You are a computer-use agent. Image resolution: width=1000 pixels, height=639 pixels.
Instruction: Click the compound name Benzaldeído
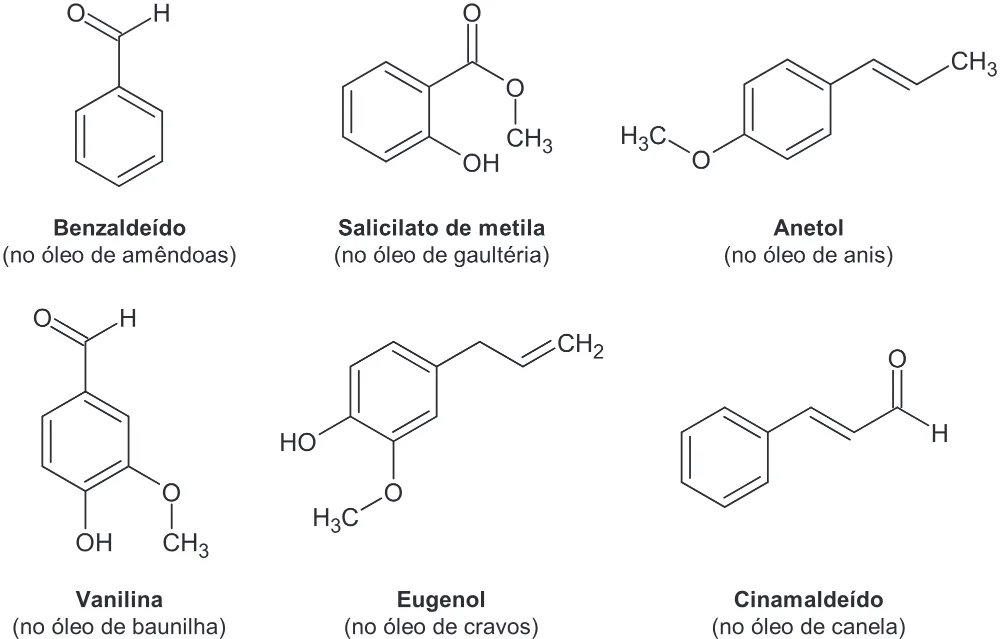[119, 228]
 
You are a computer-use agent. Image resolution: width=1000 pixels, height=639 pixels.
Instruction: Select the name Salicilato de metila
[441, 228]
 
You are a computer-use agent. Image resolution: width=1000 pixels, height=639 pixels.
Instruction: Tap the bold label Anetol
[808, 228]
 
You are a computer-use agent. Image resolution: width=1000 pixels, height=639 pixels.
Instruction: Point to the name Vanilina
[119, 599]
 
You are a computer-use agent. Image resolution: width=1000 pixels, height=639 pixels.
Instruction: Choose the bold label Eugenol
[441, 599]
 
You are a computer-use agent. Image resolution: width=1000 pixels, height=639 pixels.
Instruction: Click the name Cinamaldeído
[808, 599]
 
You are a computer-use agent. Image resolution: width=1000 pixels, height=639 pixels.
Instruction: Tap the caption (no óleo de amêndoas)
[119, 255]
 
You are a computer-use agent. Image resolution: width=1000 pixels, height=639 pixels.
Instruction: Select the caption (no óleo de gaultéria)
[441, 255]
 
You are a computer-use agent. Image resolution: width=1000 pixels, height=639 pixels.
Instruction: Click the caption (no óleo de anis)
[808, 255]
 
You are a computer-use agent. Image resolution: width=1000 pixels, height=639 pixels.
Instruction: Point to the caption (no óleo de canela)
[808, 627]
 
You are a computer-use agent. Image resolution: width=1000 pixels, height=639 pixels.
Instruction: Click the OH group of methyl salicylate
[481, 163]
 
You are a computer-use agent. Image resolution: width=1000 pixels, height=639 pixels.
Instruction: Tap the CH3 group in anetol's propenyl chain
[973, 62]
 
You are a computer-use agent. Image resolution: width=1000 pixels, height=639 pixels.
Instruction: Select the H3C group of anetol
[643, 137]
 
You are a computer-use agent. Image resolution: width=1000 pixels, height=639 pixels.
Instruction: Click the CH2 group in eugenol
[580, 346]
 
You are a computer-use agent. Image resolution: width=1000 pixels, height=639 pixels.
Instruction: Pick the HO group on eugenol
[298, 442]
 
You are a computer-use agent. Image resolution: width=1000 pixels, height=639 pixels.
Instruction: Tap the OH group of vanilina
[94, 543]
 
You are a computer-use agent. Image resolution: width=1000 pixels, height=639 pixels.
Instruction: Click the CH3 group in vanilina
[186, 545]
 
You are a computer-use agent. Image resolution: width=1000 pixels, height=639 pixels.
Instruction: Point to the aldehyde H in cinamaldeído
[939, 434]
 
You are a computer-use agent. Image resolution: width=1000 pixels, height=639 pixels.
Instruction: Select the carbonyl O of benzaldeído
[77, 13]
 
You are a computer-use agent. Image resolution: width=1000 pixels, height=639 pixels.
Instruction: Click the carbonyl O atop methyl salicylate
[472, 13]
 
